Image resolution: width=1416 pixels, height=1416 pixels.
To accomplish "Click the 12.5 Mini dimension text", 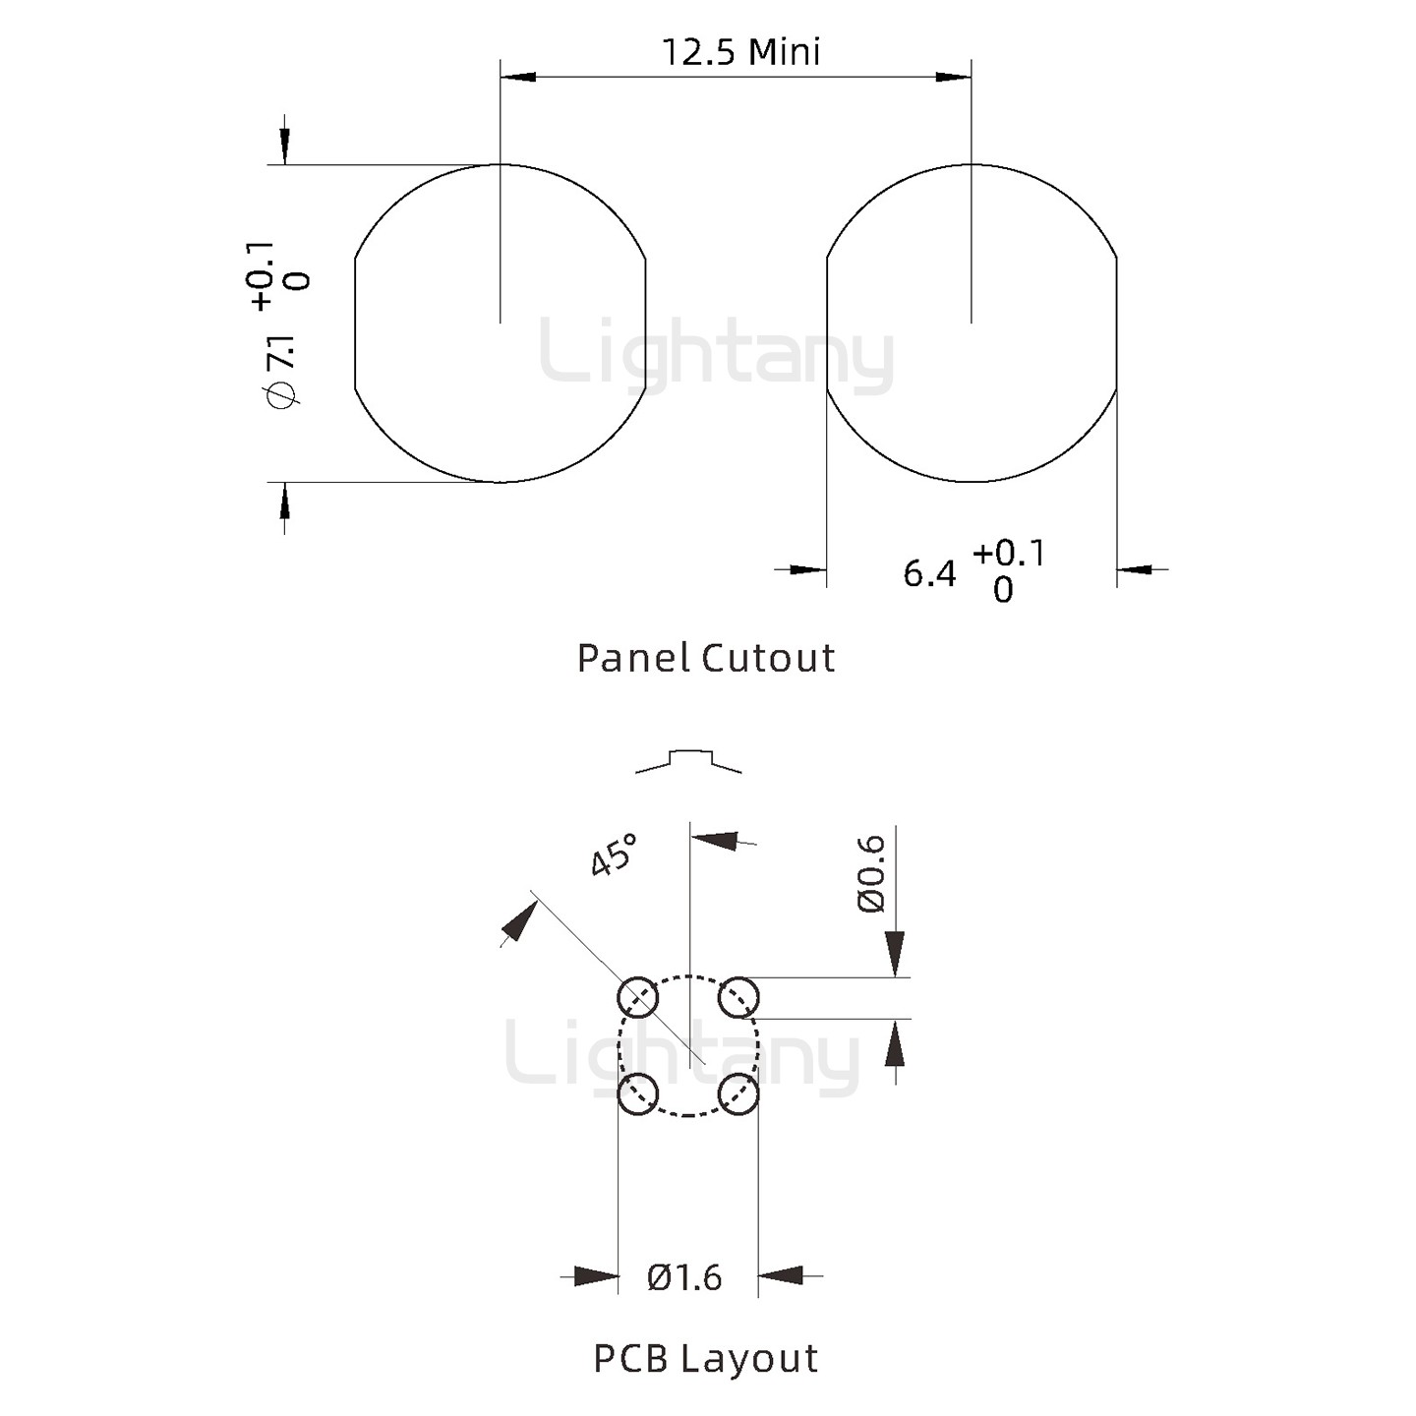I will [x=740, y=52].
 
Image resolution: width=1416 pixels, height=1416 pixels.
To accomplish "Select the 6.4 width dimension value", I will [x=929, y=573].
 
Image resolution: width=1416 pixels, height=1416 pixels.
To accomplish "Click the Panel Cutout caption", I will [x=706, y=658].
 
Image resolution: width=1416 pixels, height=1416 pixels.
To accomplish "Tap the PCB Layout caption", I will [x=706, y=1358].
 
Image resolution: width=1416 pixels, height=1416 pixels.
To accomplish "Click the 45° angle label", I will [x=614, y=855].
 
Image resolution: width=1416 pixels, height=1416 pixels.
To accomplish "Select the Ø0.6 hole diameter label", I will [x=872, y=873].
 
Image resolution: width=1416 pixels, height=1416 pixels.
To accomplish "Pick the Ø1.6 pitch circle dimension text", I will [x=685, y=1277].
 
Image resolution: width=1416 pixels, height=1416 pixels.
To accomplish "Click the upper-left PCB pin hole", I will [x=637, y=998].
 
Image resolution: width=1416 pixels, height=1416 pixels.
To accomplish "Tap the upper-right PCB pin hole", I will [x=737, y=998].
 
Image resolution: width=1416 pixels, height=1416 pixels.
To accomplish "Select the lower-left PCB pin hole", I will [x=637, y=1093].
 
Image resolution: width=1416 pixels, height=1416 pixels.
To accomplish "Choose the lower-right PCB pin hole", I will [x=737, y=1093].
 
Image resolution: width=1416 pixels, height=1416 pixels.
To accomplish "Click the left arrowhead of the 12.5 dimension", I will [x=518, y=76].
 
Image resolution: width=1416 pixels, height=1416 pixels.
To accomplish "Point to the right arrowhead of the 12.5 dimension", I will [x=953, y=76].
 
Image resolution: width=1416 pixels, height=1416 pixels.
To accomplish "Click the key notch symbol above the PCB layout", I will [x=688, y=759].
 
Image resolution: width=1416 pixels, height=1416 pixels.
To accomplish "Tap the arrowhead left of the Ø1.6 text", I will [x=597, y=1276].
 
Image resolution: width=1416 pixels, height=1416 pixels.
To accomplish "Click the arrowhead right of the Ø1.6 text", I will [x=781, y=1276].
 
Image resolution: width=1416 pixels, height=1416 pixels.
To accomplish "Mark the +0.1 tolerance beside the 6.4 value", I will [x=1009, y=554].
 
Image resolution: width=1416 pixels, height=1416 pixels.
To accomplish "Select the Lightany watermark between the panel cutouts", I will [x=717, y=354].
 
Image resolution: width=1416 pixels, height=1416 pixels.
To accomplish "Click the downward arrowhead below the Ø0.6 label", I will [x=895, y=954].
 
